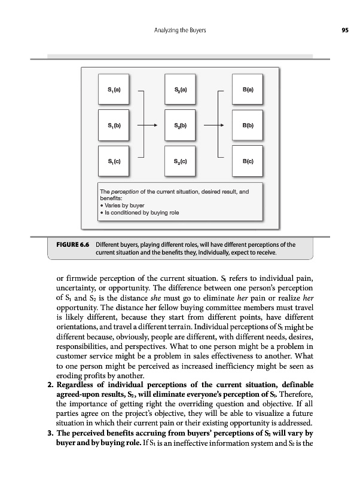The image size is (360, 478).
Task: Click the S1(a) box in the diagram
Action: [114, 91]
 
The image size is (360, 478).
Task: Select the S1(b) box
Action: [114, 126]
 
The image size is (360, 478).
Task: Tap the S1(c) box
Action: [114, 161]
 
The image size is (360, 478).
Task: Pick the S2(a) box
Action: [181, 91]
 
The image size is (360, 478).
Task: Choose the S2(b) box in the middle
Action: [181, 126]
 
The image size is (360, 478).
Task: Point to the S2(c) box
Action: [181, 161]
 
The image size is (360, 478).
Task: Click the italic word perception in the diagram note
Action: [129, 191]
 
